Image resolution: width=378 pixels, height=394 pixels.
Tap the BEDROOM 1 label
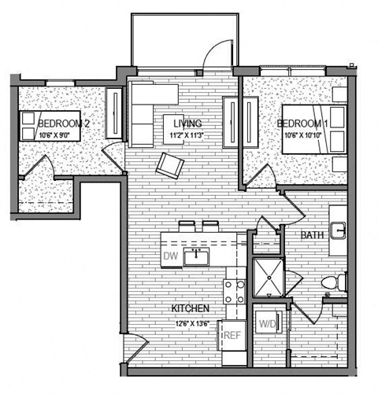pos(302,124)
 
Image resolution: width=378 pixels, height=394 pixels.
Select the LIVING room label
pos(182,123)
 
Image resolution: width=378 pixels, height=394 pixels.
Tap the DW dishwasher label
pos(169,256)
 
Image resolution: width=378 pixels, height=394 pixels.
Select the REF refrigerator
pos(232,335)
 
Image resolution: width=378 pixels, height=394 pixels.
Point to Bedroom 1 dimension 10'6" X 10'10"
pos(301,135)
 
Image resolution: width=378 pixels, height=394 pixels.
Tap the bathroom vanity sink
pos(338,230)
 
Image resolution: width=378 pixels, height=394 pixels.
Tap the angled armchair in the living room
pos(170,164)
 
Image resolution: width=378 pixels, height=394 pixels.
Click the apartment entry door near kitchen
pos(135,345)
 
